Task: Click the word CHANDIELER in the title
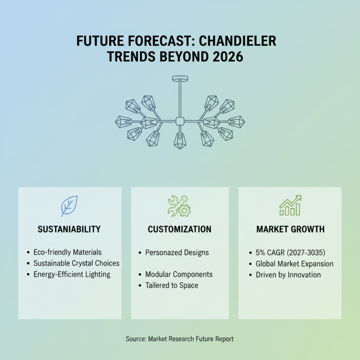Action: [238, 41]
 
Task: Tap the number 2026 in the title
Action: [228, 57]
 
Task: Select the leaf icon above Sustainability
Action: [69, 206]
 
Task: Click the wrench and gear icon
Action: [179, 206]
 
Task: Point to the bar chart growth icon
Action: [290, 205]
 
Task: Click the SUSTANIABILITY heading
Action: [69, 229]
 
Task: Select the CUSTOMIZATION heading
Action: [180, 229]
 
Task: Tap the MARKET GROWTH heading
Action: [290, 229]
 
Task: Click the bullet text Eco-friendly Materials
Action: [67, 252]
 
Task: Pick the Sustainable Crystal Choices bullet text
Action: [76, 263]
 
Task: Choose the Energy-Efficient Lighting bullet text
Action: [72, 274]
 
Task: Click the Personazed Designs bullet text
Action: [177, 252]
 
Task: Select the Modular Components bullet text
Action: [179, 274]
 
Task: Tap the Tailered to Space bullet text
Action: [172, 285]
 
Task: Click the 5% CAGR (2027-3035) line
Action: [290, 252]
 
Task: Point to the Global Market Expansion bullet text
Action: [295, 264]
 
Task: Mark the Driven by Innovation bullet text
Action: [288, 275]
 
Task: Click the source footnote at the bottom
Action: [180, 339]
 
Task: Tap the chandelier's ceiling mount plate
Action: [180, 78]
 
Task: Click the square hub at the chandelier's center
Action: [180, 121]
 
